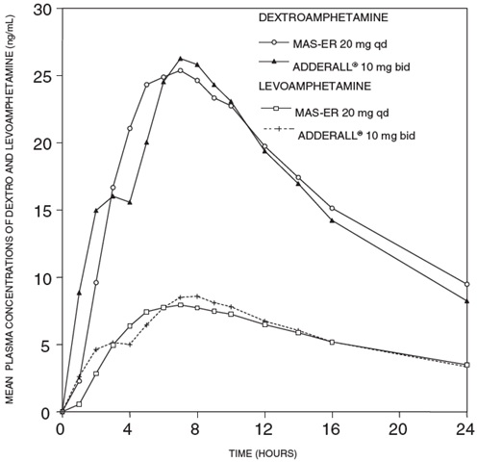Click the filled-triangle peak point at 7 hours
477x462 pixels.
pos(180,59)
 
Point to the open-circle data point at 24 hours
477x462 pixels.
pos(466,285)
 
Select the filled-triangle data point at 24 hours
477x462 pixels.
pos(466,301)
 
